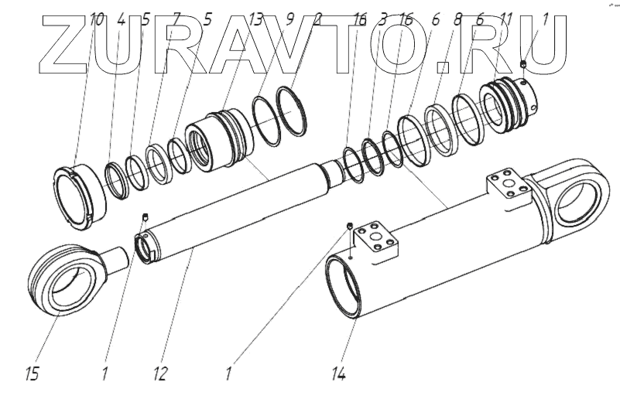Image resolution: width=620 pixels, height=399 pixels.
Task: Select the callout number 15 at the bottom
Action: [31, 375]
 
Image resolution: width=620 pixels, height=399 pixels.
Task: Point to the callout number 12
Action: [160, 375]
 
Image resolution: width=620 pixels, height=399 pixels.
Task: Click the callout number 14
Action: [338, 375]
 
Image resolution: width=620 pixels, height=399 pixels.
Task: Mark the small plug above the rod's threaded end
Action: [145, 217]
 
